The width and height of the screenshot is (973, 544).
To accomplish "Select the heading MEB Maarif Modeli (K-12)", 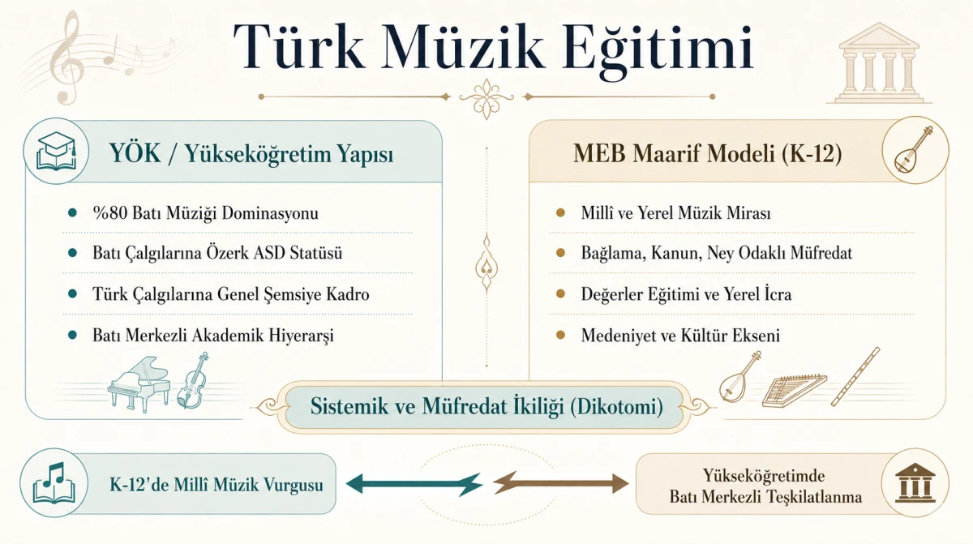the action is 708,153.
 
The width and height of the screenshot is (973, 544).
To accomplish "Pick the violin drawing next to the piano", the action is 193,381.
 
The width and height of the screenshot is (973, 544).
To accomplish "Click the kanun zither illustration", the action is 795,391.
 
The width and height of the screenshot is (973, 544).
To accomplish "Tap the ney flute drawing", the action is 855,376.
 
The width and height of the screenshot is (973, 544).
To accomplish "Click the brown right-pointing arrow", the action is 561,482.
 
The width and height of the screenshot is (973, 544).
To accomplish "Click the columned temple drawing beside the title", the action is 879,63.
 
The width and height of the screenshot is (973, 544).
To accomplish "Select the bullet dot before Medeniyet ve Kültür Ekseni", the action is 561,335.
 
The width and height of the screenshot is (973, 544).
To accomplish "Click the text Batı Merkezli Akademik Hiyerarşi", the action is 212,336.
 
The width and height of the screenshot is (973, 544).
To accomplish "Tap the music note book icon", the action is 54,482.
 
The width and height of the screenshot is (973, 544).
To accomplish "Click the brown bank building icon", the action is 915,482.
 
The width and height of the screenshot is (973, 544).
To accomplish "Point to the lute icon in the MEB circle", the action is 915,149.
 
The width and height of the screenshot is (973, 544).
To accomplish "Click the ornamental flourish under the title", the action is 486,98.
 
